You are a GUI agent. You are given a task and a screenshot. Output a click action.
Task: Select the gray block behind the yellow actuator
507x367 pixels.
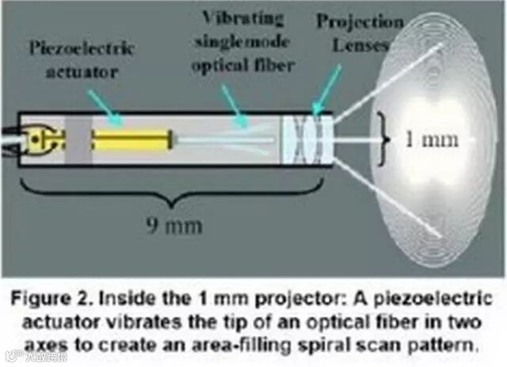pos(78,140)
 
